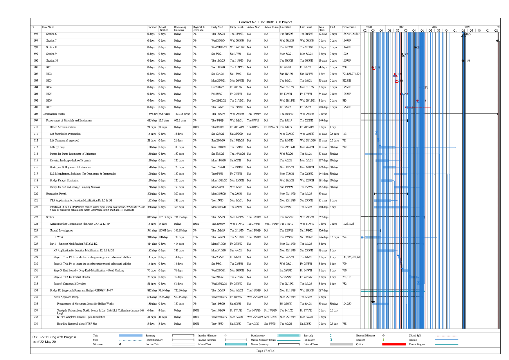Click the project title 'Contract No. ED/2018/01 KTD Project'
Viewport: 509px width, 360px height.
(265, 22)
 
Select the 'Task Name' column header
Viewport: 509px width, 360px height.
(48, 27)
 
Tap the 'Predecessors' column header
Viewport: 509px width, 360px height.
(349, 27)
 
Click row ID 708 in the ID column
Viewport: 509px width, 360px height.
(36, 114)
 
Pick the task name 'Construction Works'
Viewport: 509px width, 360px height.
(54, 114)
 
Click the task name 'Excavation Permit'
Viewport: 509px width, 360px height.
(56, 194)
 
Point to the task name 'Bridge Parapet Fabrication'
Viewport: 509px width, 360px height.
(65, 181)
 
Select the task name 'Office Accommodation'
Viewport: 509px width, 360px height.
(63, 127)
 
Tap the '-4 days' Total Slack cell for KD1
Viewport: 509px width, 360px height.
(323, 67)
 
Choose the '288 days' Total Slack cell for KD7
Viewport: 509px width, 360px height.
(323, 107)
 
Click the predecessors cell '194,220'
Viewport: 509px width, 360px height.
(347, 304)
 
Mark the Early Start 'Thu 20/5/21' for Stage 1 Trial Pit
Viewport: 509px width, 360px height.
(218, 257)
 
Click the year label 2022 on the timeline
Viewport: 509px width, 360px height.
(434, 27)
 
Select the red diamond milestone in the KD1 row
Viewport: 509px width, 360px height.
(373, 68)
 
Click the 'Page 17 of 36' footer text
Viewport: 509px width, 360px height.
(265, 351)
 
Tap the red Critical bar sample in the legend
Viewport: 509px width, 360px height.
(394, 344)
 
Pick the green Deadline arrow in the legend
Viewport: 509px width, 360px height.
(383, 340)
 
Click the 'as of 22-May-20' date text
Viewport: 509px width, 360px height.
(44, 342)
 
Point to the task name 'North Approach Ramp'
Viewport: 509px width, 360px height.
(66, 297)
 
